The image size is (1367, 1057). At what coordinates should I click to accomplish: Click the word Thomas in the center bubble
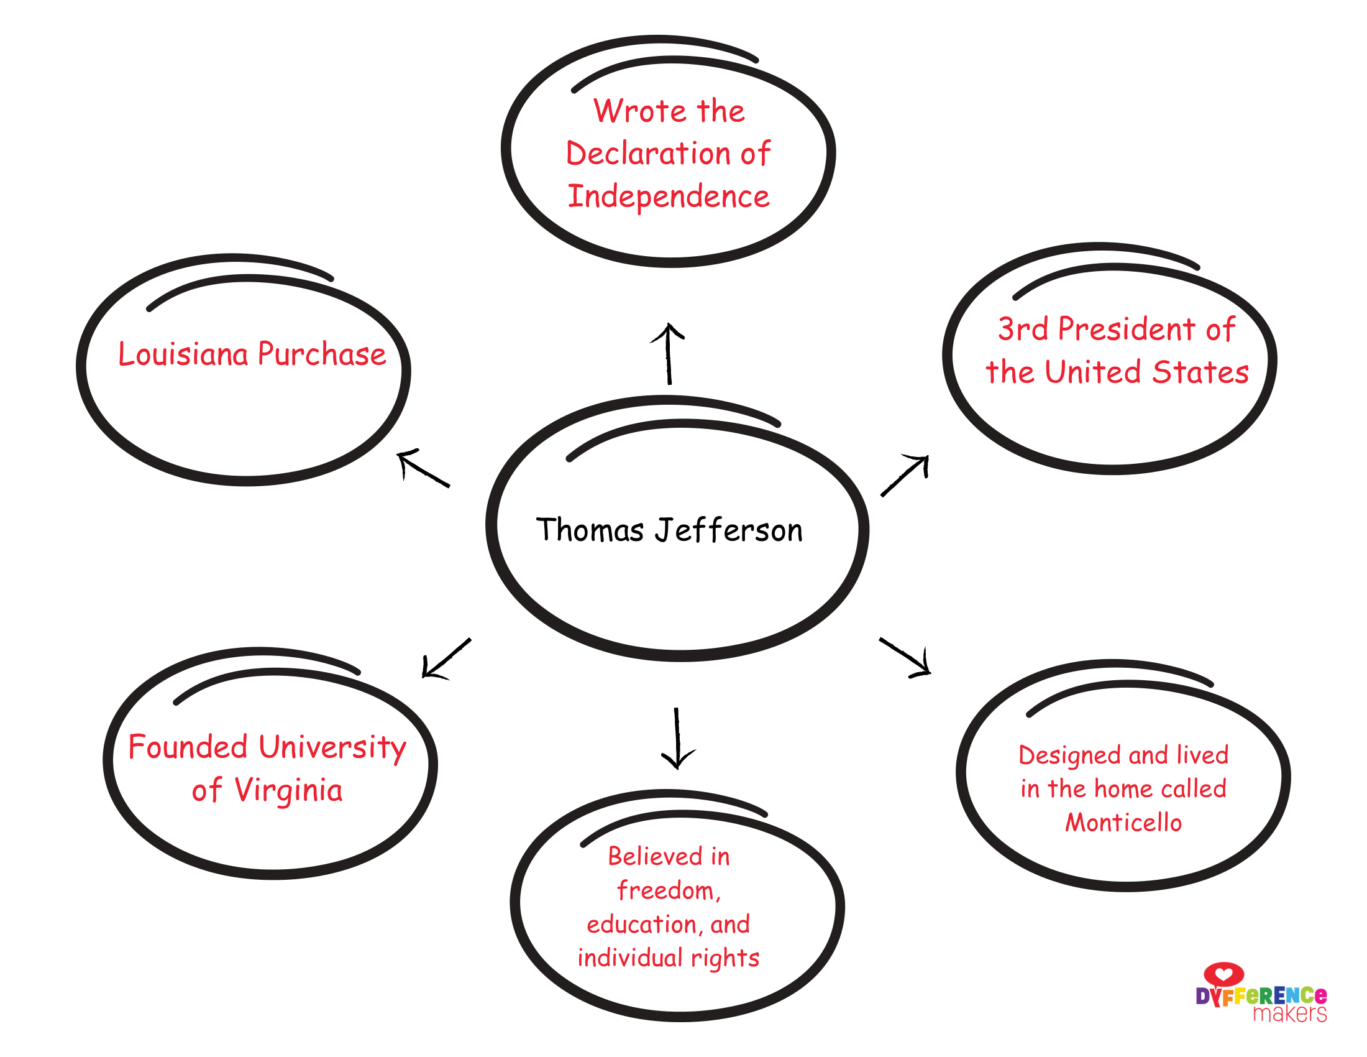(x=590, y=530)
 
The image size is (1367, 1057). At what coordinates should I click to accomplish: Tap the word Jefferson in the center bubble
(x=729, y=531)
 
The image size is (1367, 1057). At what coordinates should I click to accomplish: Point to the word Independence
(x=669, y=196)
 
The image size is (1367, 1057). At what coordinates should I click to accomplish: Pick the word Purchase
(x=322, y=354)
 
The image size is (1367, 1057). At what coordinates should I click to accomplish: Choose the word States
(x=1200, y=372)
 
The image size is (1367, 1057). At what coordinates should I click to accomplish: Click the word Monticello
(x=1123, y=822)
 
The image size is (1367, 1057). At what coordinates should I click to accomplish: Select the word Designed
(x=1070, y=755)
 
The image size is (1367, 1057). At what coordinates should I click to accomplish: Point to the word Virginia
(x=288, y=790)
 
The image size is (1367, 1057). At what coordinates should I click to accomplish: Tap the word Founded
(x=188, y=747)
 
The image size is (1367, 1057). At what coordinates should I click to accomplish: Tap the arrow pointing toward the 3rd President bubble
(x=905, y=475)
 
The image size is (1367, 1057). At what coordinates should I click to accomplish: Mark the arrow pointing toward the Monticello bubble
(x=906, y=657)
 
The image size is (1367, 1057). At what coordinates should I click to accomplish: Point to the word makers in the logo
(x=1289, y=1014)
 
